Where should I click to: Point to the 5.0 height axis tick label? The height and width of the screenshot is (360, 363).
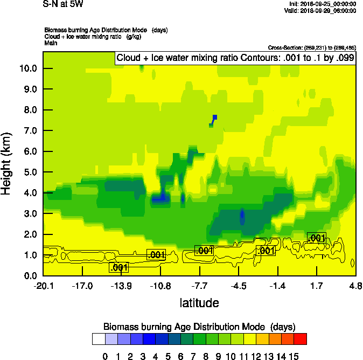pos(29,172)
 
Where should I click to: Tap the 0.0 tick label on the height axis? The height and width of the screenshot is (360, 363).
pos(29,276)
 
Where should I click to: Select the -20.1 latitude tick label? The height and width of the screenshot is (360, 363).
pos(43,286)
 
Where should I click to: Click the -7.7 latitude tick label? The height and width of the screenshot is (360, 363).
pos(200,286)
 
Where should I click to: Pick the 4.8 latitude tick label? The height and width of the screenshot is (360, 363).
pos(355,286)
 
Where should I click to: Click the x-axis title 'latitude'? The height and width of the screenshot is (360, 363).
pos(199,303)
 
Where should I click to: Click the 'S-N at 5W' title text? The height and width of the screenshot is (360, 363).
pos(63,4)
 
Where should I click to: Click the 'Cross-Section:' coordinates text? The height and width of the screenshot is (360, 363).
pos(311,47)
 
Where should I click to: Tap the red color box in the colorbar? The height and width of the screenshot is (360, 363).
pos(301,338)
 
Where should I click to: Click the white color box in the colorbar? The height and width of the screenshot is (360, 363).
pos(98,338)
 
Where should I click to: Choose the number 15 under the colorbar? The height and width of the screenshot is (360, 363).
pos(294,356)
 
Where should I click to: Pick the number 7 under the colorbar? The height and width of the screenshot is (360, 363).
pos(193,356)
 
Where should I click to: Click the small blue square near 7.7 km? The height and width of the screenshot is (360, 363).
pos(215,117)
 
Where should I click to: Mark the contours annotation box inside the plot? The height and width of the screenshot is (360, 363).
pos(235,58)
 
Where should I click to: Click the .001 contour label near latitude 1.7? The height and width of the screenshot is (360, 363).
pos(316,238)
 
